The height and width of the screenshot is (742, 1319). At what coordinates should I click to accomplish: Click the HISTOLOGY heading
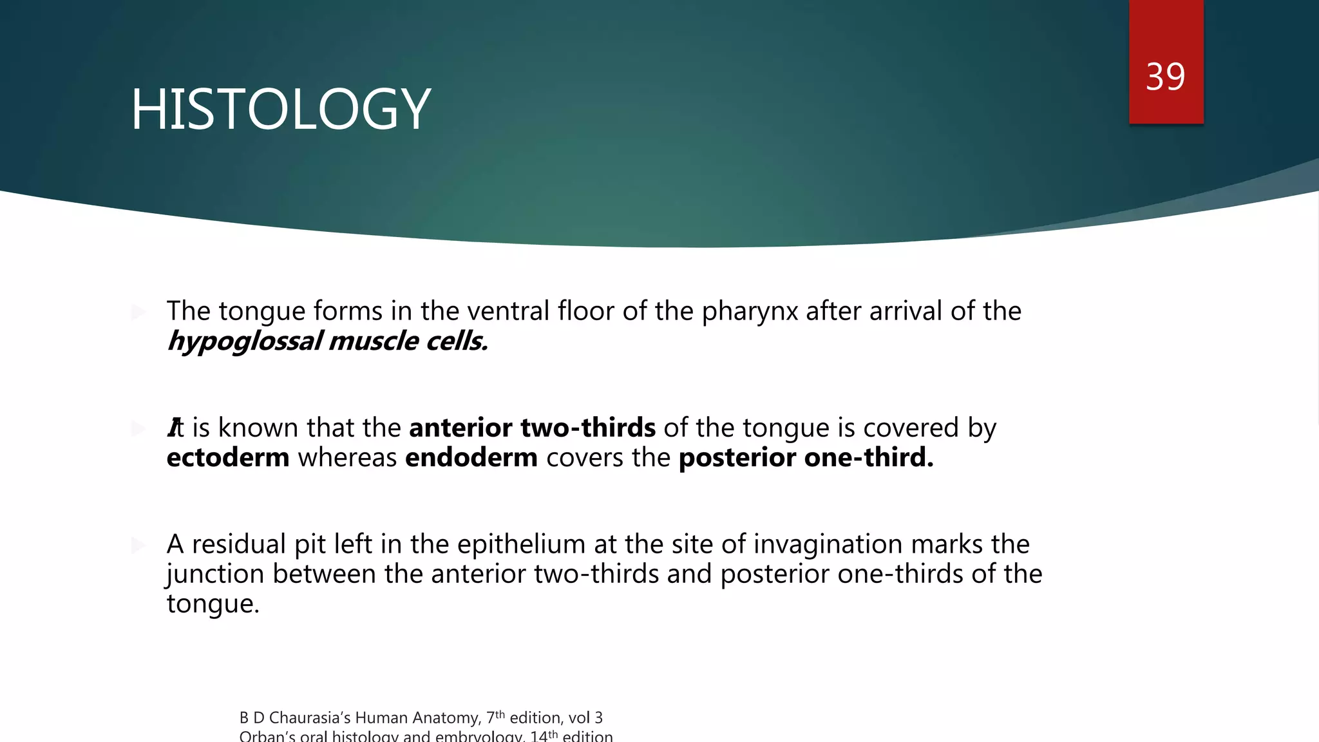coord(280,109)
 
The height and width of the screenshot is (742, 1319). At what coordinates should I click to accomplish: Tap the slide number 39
coord(1165,77)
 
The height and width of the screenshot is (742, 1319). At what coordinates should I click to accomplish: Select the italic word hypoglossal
coord(245,341)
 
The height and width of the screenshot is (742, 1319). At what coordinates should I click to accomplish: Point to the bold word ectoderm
coord(227,458)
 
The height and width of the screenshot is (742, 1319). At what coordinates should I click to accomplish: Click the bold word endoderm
coord(471,458)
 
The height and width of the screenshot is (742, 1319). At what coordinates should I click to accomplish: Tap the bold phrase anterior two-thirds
coord(532,428)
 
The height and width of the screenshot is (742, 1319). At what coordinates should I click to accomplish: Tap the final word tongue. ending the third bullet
coord(213,604)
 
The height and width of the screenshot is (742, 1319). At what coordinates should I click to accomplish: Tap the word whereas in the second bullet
coord(347,458)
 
